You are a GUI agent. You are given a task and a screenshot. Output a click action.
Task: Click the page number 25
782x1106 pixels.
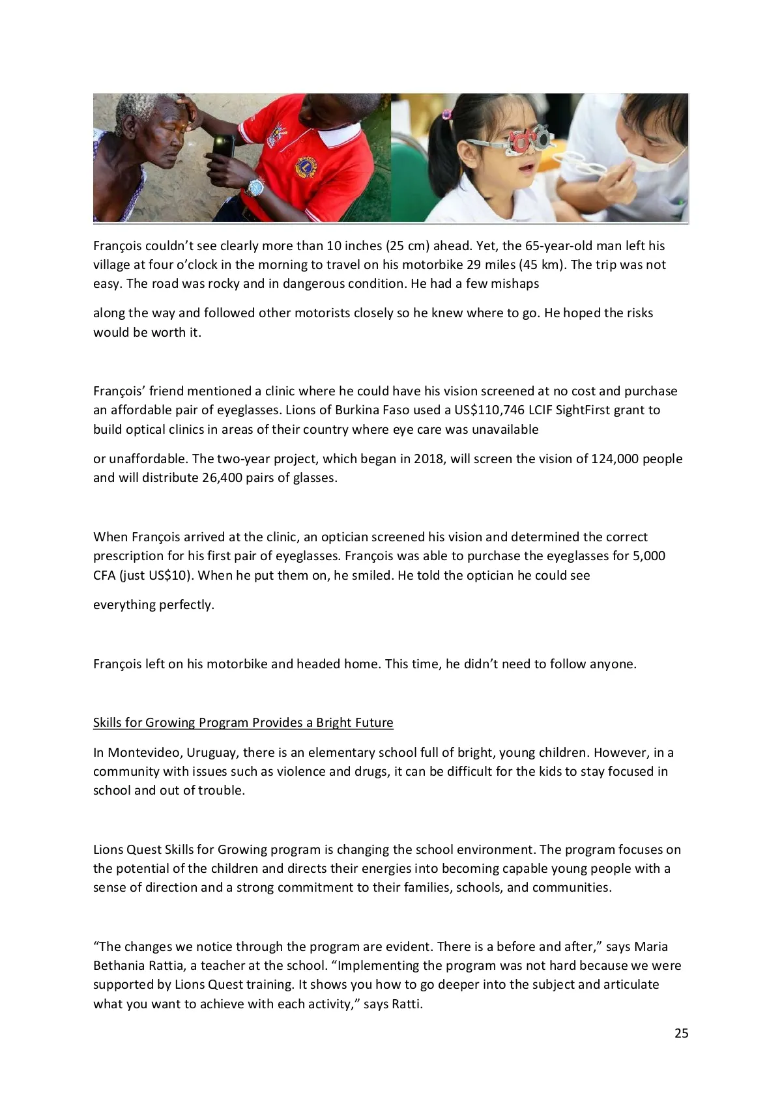[x=681, y=1033]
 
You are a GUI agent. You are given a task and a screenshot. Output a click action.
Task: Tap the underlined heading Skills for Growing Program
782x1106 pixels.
[x=243, y=722]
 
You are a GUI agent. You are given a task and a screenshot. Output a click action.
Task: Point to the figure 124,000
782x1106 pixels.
[x=614, y=459]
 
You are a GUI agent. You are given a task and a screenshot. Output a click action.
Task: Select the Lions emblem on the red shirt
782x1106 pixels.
[x=305, y=167]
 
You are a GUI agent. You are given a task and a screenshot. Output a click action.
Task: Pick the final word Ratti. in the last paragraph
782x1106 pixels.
[x=407, y=1004]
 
